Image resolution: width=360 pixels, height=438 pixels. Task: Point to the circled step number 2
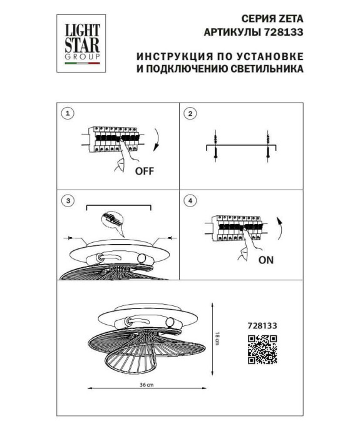191,114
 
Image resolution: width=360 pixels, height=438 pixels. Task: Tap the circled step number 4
191,201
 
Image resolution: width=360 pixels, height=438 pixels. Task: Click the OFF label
143,170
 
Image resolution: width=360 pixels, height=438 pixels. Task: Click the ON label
265,258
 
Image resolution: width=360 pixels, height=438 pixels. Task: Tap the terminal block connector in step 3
111,221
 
